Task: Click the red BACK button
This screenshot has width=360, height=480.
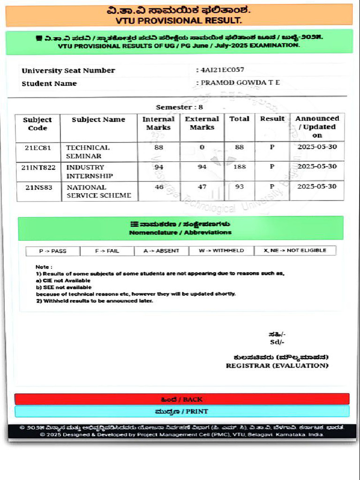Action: pyautogui.click(x=182, y=399)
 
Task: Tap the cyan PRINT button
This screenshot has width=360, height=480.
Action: pyautogui.click(x=182, y=412)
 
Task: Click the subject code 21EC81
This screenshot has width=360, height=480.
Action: pyautogui.click(x=38, y=147)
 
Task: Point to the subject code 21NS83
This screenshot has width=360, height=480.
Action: pyautogui.click(x=38, y=187)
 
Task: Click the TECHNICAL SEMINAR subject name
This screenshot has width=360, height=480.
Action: pyautogui.click(x=88, y=151)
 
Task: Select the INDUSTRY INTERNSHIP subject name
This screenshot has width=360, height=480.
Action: pyautogui.click(x=90, y=172)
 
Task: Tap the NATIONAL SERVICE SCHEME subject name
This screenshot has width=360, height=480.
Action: pyautogui.click(x=98, y=191)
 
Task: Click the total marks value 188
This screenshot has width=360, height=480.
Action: pyautogui.click(x=240, y=167)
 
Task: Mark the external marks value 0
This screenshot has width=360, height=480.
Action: pyautogui.click(x=202, y=147)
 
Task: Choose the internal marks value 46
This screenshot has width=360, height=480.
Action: pyautogui.click(x=159, y=187)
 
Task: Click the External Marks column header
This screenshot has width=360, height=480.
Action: pyautogui.click(x=202, y=123)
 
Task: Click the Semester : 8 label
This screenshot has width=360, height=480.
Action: pyautogui.click(x=180, y=107)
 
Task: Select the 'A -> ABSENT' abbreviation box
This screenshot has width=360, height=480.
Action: pyautogui.click(x=162, y=251)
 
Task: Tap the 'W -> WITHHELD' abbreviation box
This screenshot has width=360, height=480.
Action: pyautogui.click(x=221, y=251)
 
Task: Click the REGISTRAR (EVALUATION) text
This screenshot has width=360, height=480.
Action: pyautogui.click(x=277, y=366)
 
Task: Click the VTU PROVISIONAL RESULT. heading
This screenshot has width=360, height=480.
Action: pyautogui.click(x=179, y=21)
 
